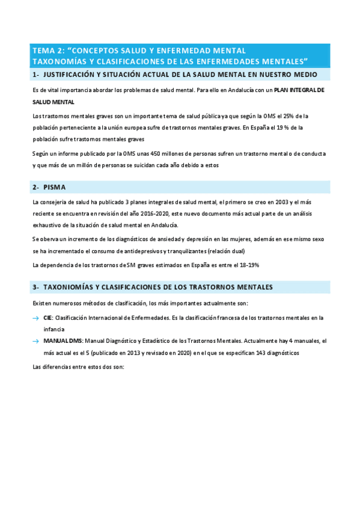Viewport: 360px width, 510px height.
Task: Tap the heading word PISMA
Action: [54, 187]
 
